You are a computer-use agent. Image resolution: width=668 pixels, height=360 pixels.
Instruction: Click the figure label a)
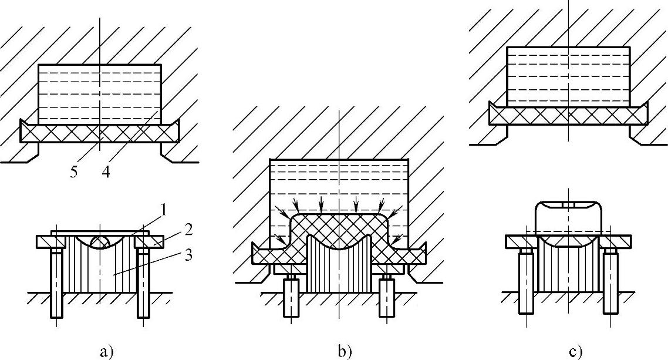[x=106, y=352]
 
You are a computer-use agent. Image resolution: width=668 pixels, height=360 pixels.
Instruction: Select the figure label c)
[x=575, y=352]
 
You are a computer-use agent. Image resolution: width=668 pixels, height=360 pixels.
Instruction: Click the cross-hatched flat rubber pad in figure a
[x=59, y=133]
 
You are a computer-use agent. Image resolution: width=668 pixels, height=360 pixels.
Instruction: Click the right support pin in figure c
[x=610, y=276]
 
